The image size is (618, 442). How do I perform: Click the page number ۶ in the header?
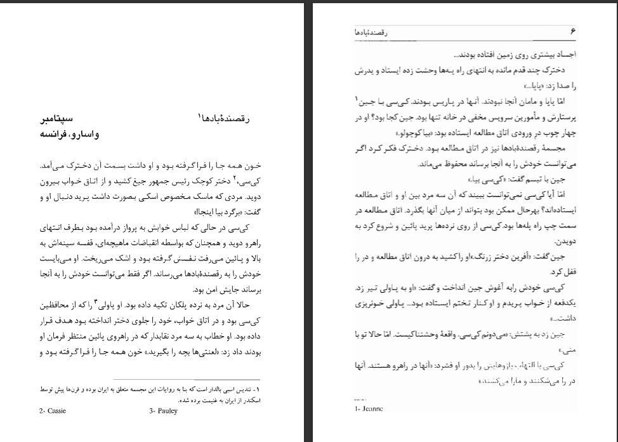click(572, 30)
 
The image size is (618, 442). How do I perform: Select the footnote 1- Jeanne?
click(369, 409)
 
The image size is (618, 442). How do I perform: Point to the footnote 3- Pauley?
click(163, 411)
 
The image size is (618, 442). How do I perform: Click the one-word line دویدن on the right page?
click(564, 242)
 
